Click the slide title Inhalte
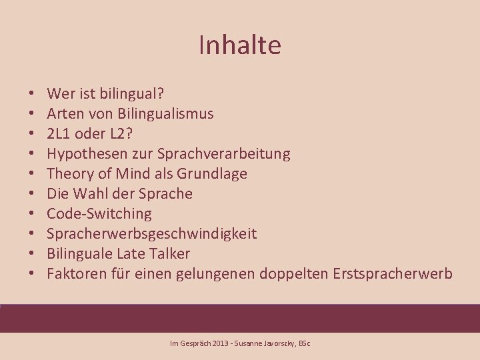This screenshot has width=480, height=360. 240,45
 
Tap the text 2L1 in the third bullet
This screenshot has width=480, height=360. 59,133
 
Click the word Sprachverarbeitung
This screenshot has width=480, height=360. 223,153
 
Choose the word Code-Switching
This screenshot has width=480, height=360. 99,213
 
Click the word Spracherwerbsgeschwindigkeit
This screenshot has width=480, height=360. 152,233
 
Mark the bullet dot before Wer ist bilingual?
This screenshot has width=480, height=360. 32,94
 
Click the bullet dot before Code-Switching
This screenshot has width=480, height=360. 32,214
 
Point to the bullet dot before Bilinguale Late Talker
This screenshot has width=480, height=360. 32,254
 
